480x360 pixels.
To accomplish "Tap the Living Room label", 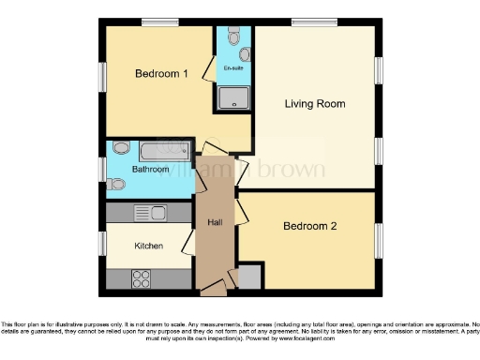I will (315, 103).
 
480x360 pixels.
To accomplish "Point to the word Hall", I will (214, 223).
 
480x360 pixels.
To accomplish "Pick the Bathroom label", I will (150, 170).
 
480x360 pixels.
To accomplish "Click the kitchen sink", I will (150, 212).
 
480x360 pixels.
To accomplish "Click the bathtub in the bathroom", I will (157, 149).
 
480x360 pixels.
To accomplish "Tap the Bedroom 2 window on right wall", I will (380, 239).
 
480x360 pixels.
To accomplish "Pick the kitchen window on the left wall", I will (102, 243).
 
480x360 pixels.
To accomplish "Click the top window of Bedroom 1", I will (161, 22).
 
